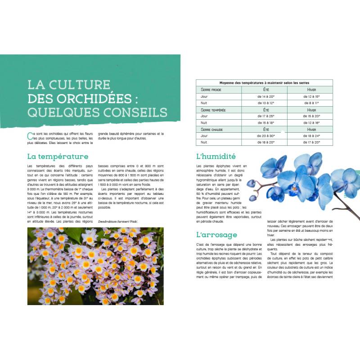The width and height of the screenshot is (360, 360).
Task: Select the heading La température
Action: tap(58, 157)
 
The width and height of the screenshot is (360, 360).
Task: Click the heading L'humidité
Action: tap(216, 157)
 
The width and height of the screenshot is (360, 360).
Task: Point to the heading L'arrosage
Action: tap(216, 234)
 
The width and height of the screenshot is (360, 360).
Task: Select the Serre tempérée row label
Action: tap(214, 109)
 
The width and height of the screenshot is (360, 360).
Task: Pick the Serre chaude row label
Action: tap(213, 129)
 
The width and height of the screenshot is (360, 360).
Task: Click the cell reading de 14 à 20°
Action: tap(266, 96)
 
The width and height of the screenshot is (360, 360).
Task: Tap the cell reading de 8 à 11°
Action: tap(311, 103)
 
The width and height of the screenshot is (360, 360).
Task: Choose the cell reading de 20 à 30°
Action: tap(266, 136)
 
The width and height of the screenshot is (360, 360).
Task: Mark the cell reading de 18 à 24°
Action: tap(311, 136)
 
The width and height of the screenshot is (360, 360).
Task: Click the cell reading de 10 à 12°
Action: tap(266, 103)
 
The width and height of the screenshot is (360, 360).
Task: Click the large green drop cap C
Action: tap(30, 135)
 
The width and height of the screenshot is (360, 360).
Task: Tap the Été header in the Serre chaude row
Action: tap(266, 129)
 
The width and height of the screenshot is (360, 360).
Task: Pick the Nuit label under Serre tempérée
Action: tap(204, 122)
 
